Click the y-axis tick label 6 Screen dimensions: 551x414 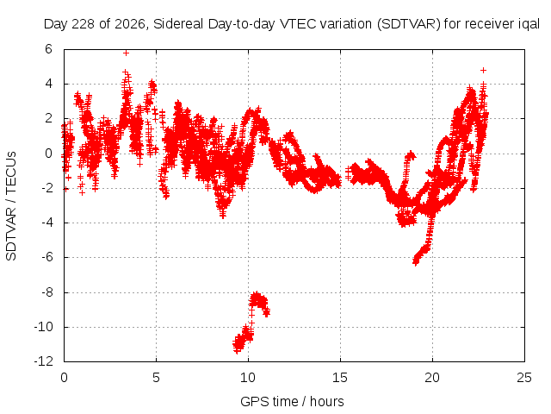coord(48,49)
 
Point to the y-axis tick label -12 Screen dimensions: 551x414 coord(43,361)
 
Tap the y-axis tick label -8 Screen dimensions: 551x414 coord(46,292)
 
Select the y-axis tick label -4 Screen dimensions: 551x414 coord(46,223)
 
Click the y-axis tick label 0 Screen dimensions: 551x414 coord(48,154)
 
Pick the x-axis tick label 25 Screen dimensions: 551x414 coord(524,378)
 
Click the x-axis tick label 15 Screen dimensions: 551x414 coord(340,378)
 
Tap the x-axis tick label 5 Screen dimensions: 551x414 coord(156,378)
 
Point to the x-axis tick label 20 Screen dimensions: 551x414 coord(432,378)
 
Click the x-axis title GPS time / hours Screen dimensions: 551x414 coord(292,401)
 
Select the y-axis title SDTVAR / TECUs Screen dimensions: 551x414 coord(11,206)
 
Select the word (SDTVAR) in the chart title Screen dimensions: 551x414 coord(408,24)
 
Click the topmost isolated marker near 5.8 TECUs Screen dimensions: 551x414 coord(126,53)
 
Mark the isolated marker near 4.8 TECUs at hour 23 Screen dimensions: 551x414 coord(484,70)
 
